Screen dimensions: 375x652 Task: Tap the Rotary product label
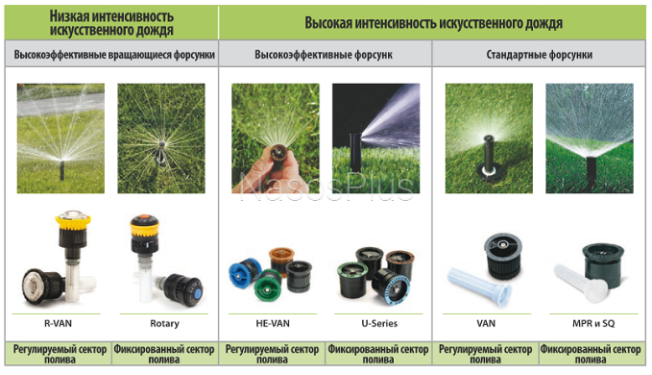(164, 324)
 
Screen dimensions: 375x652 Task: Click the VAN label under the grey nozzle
(485, 324)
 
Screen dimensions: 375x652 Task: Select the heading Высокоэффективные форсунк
(325, 55)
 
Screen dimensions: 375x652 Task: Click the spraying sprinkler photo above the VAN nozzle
(484, 136)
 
